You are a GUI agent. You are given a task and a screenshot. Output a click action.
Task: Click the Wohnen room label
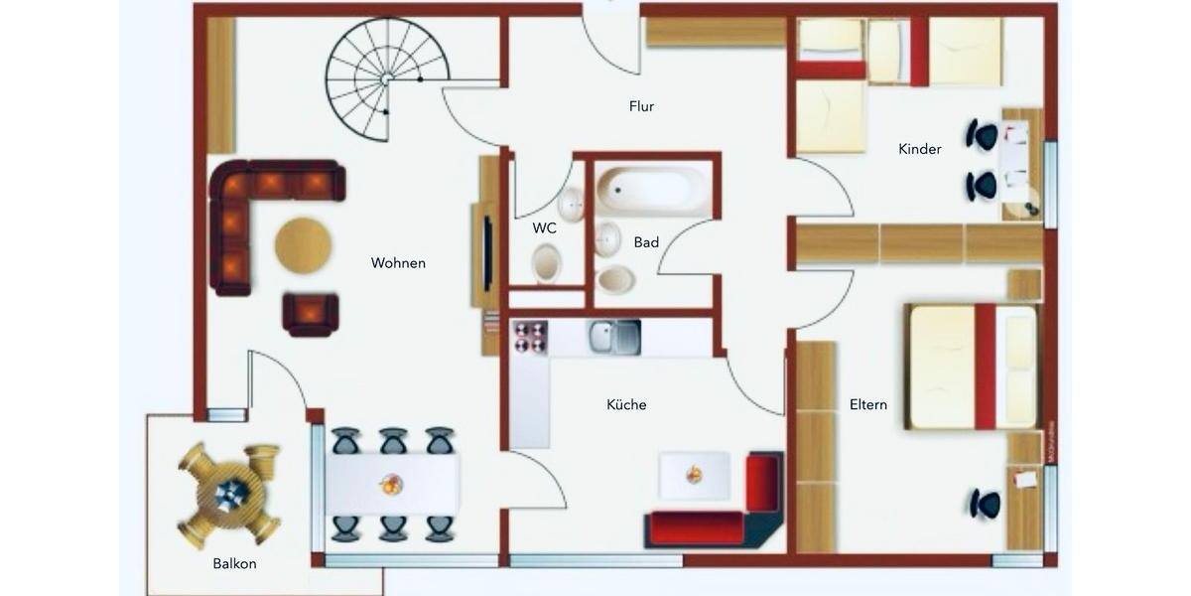pyautogui.click(x=398, y=263)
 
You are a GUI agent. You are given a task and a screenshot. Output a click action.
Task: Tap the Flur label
pyautogui.click(x=641, y=106)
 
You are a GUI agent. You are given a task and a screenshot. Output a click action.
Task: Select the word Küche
pyautogui.click(x=626, y=404)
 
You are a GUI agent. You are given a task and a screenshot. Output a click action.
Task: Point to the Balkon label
pyautogui.click(x=234, y=563)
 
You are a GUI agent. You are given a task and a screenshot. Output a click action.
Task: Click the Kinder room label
pyautogui.click(x=919, y=149)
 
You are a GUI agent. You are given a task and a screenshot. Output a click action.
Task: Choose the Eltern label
pyautogui.click(x=867, y=404)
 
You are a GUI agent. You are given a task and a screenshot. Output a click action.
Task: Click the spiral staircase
pyautogui.click(x=385, y=77)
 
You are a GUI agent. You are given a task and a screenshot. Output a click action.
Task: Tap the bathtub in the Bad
pyautogui.click(x=652, y=189)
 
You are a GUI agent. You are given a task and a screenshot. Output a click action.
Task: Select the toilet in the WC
pyautogui.click(x=546, y=264)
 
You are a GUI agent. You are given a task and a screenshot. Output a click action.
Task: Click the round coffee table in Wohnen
pyautogui.click(x=303, y=245)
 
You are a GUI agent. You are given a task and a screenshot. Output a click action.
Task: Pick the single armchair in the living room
pyautogui.click(x=310, y=314)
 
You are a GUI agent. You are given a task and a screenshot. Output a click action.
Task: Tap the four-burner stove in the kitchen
pyautogui.click(x=530, y=338)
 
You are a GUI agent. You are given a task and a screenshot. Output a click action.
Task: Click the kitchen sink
pyautogui.click(x=614, y=337)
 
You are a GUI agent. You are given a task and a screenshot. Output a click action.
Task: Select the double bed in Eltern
pyautogui.click(x=972, y=367)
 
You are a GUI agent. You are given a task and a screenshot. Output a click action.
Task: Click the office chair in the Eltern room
pyautogui.click(x=985, y=504)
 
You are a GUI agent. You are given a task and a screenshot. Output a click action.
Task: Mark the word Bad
pyautogui.click(x=646, y=241)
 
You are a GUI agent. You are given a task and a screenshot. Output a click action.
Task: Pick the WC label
pyautogui.click(x=544, y=227)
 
